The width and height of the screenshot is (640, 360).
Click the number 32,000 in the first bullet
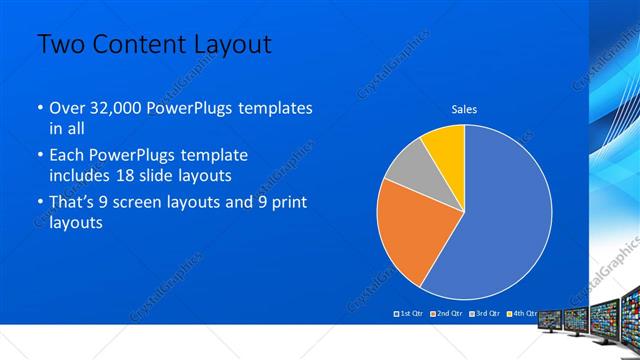pos(119,108)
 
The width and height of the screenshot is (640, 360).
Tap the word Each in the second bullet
pos(66,156)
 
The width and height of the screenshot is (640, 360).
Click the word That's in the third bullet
pos(72,203)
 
